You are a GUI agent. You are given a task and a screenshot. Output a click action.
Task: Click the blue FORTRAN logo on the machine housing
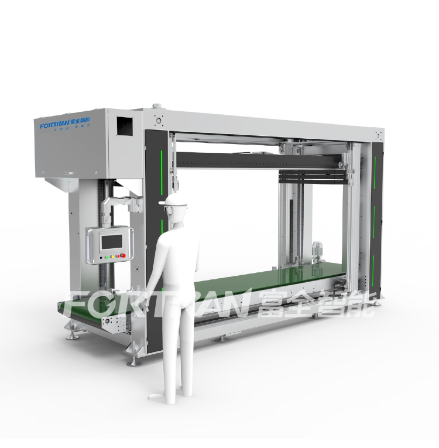(x=54, y=125)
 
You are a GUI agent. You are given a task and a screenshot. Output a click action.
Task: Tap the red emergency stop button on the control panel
(x=123, y=255)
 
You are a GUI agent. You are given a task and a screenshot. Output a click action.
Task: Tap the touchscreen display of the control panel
(x=111, y=240)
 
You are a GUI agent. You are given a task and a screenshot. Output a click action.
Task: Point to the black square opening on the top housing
(x=124, y=125)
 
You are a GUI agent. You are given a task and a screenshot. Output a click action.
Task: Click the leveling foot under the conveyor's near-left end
(x=73, y=336)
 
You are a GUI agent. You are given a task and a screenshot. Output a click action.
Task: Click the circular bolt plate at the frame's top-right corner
(x=378, y=136)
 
